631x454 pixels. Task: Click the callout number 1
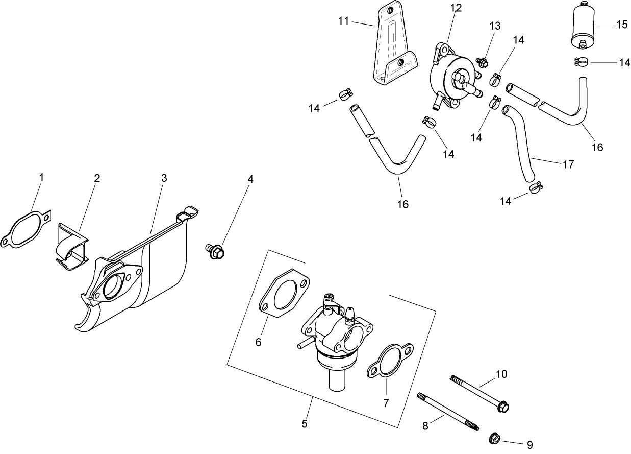tap(42, 177)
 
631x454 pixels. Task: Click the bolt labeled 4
tap(216, 251)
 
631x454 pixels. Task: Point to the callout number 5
tap(305, 423)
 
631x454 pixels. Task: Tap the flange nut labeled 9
tap(494, 438)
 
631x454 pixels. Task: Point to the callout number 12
tap(456, 7)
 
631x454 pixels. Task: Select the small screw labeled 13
tap(482, 63)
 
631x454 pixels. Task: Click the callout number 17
tap(568, 164)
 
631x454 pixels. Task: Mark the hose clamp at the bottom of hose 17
tap(536, 188)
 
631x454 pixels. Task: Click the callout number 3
tap(164, 178)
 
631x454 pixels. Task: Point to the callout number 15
tap(621, 25)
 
